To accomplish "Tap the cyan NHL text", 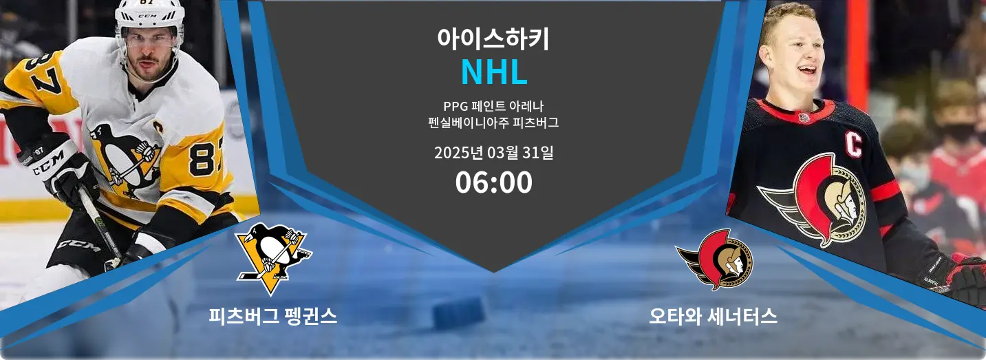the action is (494, 72).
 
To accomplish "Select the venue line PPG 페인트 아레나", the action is (493, 106).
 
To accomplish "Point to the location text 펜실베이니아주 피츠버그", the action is (493, 123).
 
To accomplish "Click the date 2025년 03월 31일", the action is (493, 153).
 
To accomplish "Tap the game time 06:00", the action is (493, 182).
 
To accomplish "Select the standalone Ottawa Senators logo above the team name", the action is (714, 260).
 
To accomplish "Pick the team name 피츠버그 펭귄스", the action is (272, 316).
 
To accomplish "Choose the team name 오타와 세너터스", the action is (713, 316).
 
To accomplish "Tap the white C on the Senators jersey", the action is (853, 145).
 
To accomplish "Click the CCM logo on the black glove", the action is (48, 164).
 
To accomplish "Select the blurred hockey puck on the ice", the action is (459, 313).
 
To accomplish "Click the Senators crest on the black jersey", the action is (815, 199).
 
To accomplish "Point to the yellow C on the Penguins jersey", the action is (158, 127).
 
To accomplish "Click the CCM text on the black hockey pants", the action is (78, 246).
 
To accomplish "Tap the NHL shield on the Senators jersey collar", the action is (804, 118).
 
